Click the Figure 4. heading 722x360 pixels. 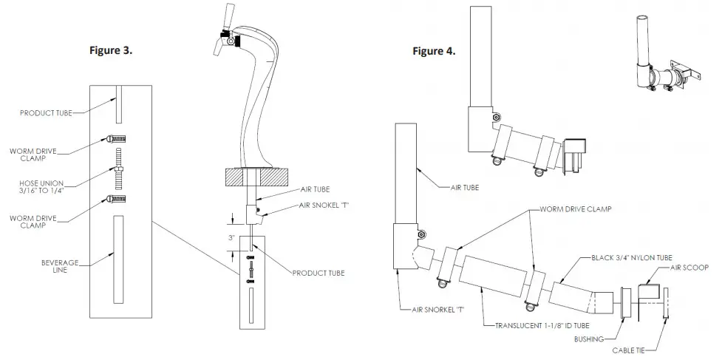pos(435,52)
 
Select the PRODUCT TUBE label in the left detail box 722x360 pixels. pos(46,113)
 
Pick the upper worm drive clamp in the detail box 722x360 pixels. pos(118,138)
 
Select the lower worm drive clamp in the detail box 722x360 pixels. pos(118,198)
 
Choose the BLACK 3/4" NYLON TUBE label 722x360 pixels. pos(633,257)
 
